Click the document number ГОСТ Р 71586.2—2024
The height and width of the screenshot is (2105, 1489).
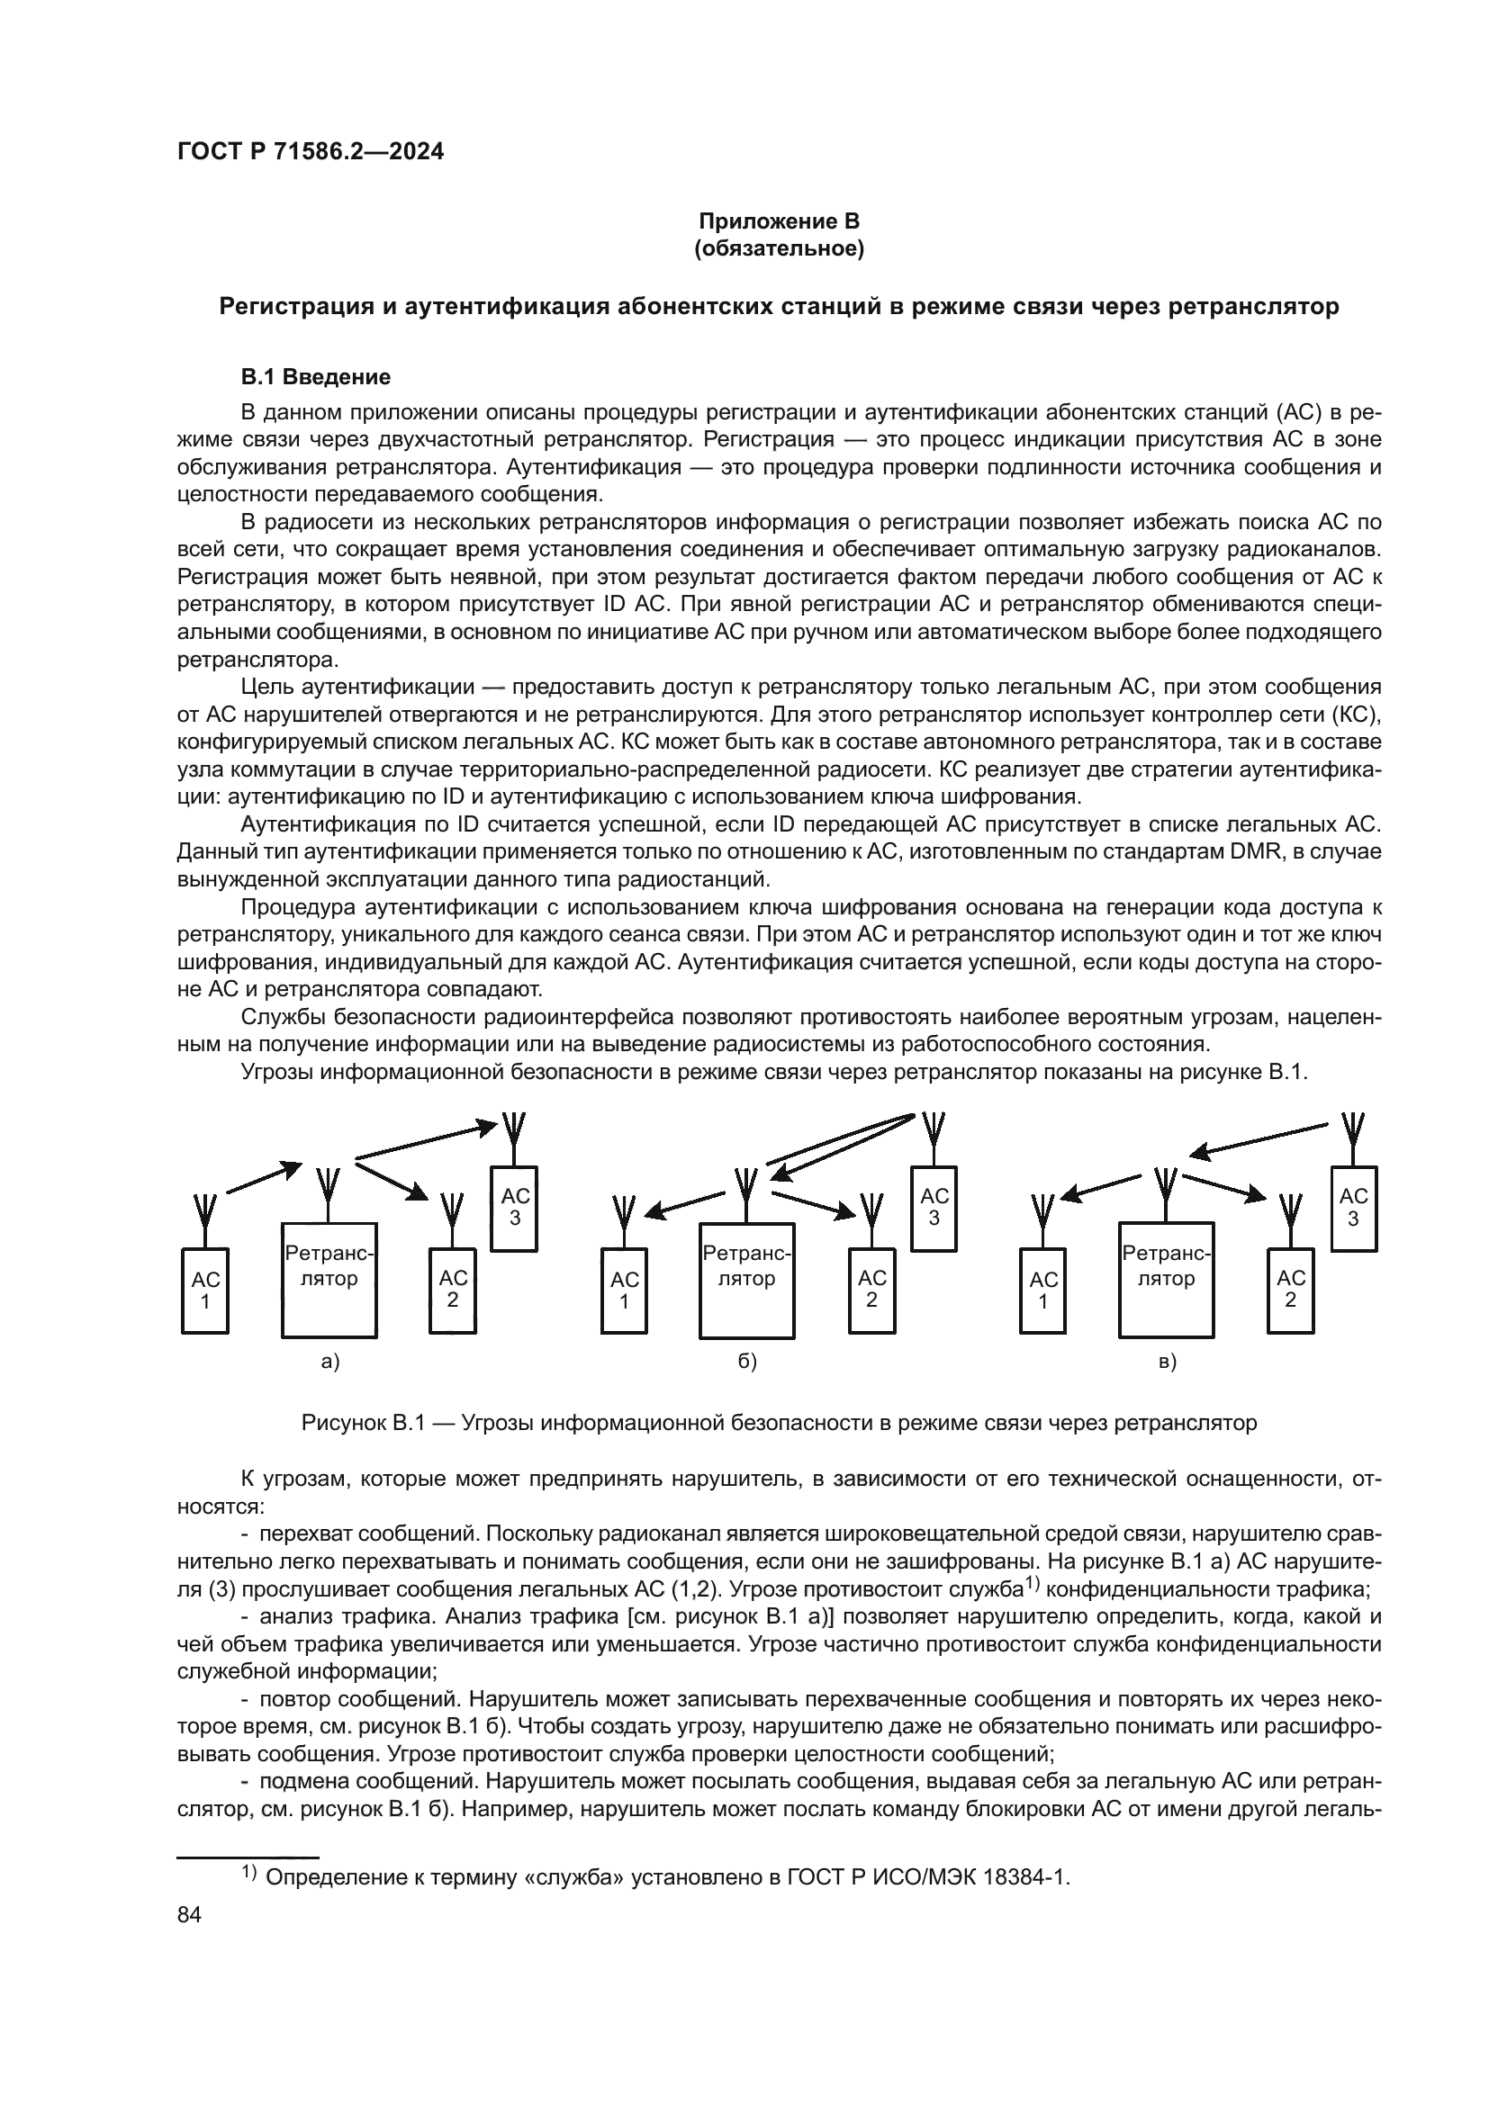pyautogui.click(x=310, y=152)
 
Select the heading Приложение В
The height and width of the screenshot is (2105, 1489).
pyautogui.click(x=779, y=221)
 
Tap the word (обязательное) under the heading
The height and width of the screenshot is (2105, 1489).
pyautogui.click(x=779, y=248)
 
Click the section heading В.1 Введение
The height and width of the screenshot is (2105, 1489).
pyautogui.click(x=315, y=377)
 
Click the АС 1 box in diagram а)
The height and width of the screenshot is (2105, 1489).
pyautogui.click(x=205, y=1291)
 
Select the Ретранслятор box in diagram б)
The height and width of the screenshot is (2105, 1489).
pyautogui.click(x=746, y=1280)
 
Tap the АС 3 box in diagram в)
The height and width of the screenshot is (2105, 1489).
pyautogui.click(x=1353, y=1209)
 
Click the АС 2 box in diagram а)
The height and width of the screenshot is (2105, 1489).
pyautogui.click(x=453, y=1290)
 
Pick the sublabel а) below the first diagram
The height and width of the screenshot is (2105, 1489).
pyautogui.click(x=330, y=1363)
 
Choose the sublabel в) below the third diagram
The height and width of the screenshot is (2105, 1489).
pyautogui.click(x=1168, y=1363)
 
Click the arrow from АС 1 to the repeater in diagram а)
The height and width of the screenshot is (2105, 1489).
pyautogui.click(x=264, y=1177)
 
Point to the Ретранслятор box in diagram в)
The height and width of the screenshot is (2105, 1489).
pyautogui.click(x=1166, y=1280)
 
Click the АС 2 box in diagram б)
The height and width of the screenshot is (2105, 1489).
pyautogui.click(x=872, y=1290)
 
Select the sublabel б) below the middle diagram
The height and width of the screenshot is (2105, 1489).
pyautogui.click(x=748, y=1363)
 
